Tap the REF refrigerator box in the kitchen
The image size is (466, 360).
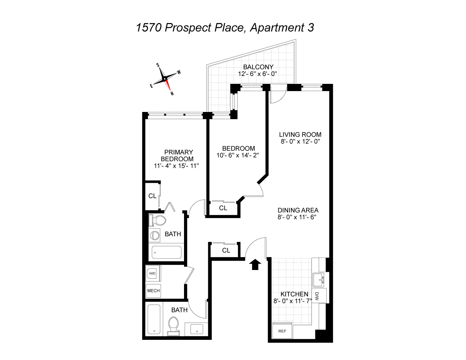tap(282, 331)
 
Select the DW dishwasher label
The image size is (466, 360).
tap(318, 296)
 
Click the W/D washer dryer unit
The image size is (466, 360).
tap(153, 274)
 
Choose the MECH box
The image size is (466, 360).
tap(153, 291)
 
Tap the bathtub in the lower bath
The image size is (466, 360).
tap(154, 319)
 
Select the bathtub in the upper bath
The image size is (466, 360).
tap(166, 252)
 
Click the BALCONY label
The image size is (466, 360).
tap(258, 67)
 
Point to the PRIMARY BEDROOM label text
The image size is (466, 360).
tap(176, 156)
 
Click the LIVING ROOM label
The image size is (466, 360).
tap(300, 135)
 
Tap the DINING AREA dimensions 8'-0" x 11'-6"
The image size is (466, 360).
tap(298, 217)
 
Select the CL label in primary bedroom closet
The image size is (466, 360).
tap(152, 196)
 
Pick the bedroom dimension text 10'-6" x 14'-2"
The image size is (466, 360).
tap(238, 155)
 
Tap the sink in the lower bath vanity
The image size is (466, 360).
tap(197, 329)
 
